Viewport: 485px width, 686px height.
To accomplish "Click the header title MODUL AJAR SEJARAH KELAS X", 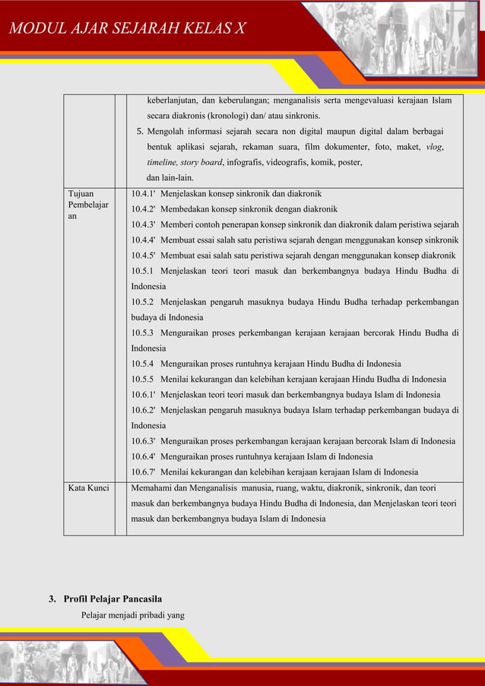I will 127,30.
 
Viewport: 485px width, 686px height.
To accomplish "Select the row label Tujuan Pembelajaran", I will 87,205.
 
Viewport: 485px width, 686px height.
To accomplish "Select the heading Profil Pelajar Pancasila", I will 113,599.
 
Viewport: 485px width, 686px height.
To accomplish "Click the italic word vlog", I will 435,147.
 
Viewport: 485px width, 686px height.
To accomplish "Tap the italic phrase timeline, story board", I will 185,162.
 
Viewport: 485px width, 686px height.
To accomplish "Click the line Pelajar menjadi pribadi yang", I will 133,615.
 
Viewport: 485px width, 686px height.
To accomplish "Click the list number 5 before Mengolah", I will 140,131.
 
